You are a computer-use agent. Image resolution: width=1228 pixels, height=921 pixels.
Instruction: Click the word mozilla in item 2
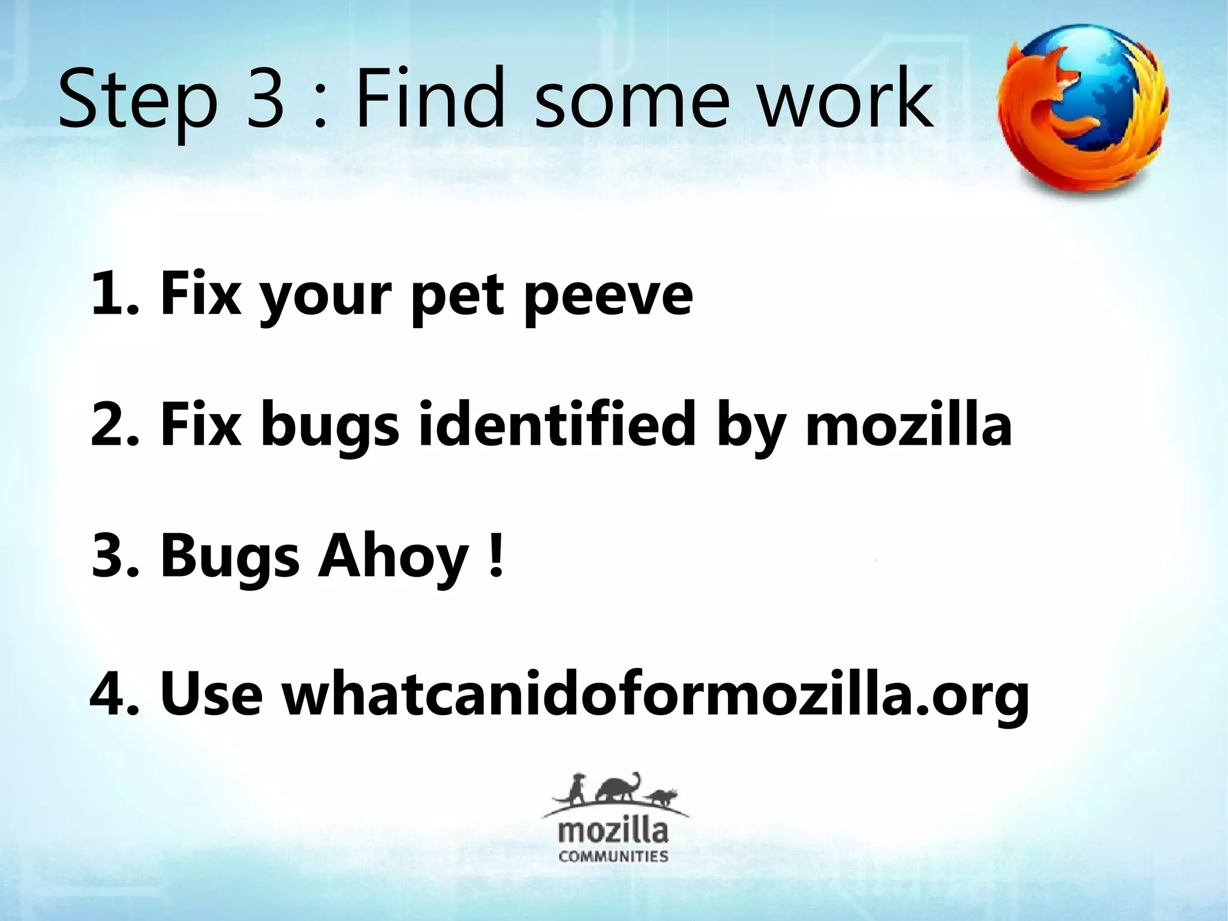(x=908, y=426)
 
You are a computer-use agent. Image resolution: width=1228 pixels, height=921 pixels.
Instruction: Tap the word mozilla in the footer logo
(x=613, y=832)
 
